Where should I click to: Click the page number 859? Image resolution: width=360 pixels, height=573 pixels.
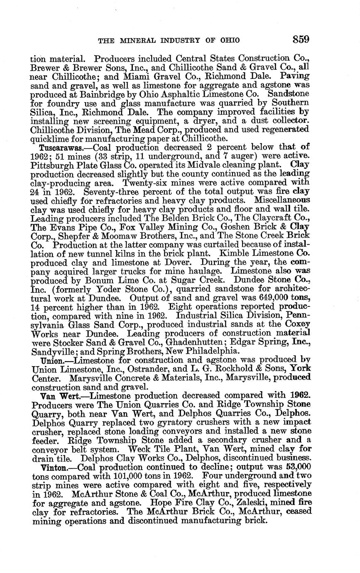pos(301,40)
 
